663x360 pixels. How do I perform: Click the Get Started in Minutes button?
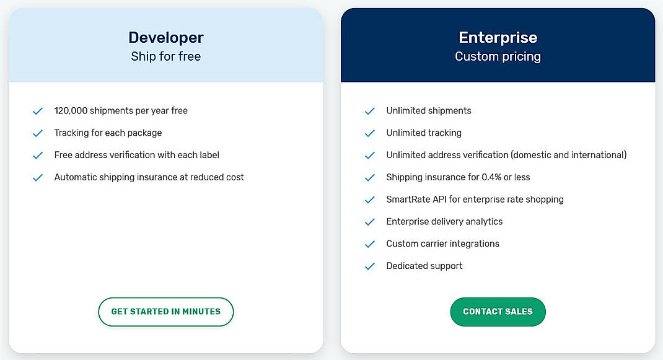click(165, 312)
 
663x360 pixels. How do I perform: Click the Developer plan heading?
click(165, 38)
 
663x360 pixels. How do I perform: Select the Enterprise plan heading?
click(498, 38)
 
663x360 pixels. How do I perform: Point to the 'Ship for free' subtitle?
click(165, 56)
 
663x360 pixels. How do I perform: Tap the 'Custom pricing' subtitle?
click(498, 56)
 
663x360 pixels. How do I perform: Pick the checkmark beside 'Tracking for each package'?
click(38, 133)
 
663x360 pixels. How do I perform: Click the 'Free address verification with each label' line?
click(136, 155)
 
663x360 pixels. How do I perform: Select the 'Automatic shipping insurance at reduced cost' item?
click(149, 177)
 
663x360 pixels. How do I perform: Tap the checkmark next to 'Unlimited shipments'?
click(370, 111)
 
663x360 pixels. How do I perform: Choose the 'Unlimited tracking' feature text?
click(424, 133)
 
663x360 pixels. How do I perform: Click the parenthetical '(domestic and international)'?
click(569, 155)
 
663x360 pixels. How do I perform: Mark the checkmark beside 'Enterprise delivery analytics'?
click(370, 222)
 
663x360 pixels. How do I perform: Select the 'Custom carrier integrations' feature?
click(442, 244)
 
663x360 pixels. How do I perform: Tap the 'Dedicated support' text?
click(424, 266)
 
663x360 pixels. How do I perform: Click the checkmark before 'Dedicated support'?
click(370, 266)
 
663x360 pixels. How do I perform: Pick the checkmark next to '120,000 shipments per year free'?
click(38, 111)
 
